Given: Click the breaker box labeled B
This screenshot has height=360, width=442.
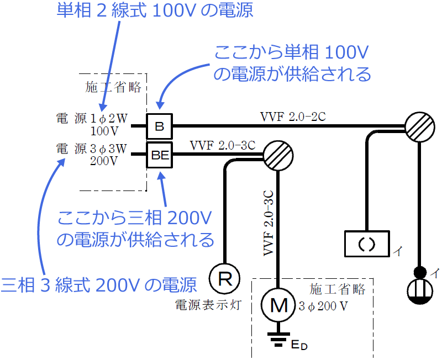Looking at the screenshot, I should pyautogui.click(x=160, y=126).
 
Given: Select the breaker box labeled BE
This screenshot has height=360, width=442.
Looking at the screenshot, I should pyautogui.click(x=160, y=156).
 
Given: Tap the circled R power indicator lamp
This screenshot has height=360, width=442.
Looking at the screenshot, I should pyautogui.click(x=225, y=278).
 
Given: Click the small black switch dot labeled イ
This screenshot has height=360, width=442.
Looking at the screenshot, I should pyautogui.click(x=420, y=272).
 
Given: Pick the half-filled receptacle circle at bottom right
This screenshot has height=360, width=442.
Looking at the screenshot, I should pyautogui.click(x=420, y=292).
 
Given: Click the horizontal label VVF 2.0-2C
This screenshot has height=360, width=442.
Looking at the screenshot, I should pyautogui.click(x=293, y=117).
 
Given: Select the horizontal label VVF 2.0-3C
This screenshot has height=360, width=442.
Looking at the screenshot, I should pyautogui.click(x=223, y=146).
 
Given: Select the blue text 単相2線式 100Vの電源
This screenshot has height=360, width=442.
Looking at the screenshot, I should pyautogui.click(x=155, y=11).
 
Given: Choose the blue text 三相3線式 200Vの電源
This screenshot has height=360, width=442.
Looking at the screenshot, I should pyautogui.click(x=99, y=284).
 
